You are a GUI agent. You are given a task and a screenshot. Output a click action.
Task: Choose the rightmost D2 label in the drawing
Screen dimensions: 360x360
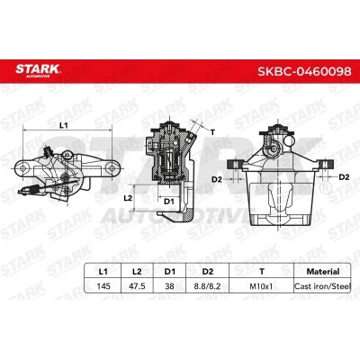[345, 177]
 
